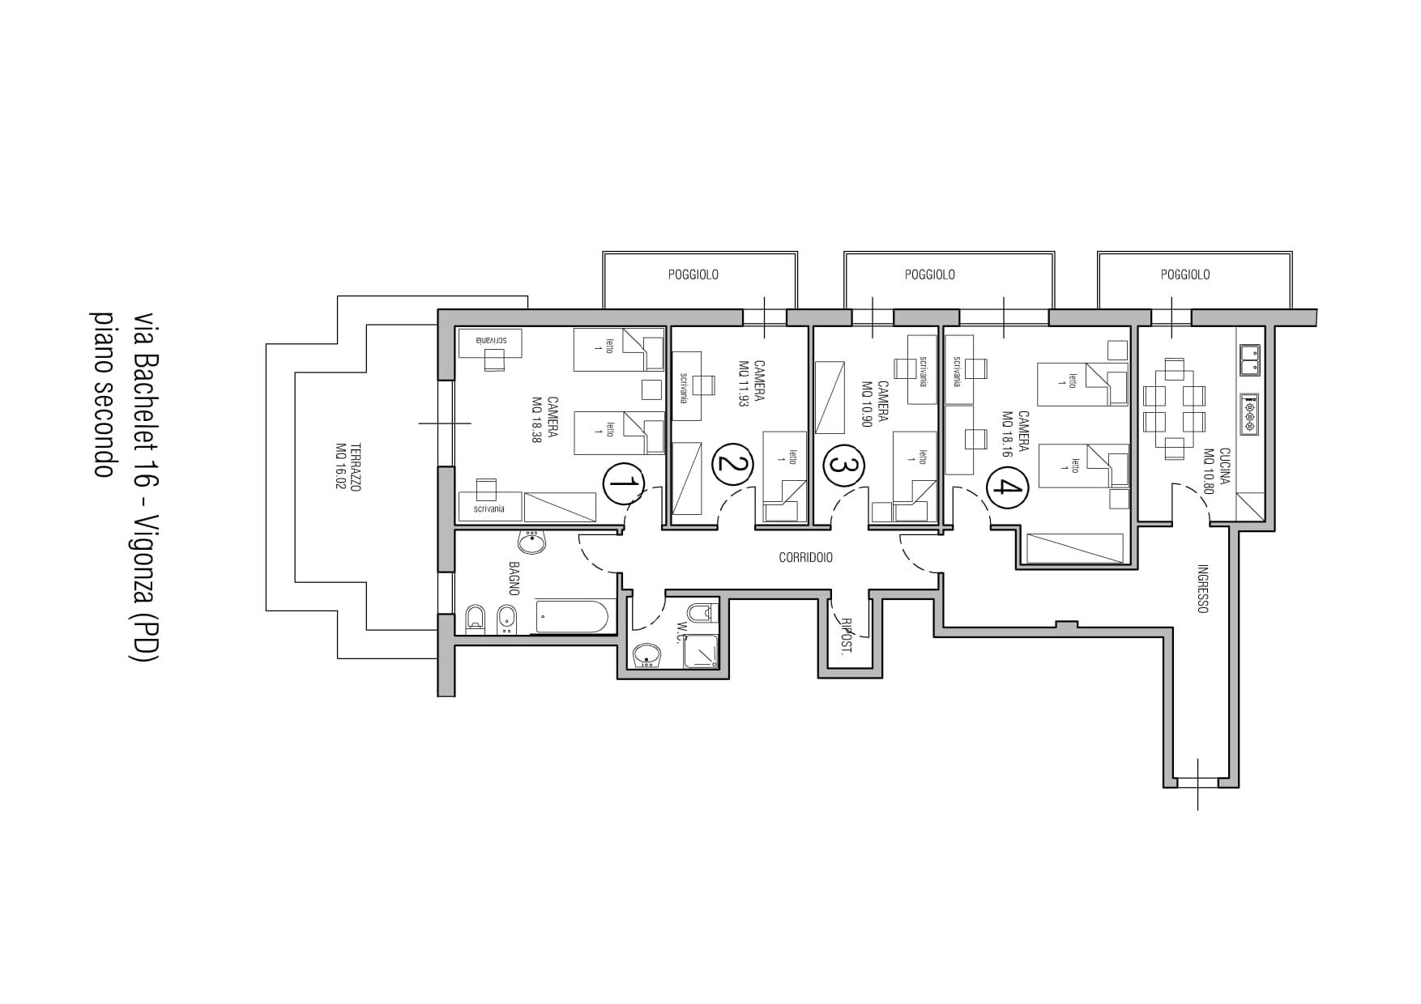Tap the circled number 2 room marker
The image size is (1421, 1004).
[732, 465]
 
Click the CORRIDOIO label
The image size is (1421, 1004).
[805, 558]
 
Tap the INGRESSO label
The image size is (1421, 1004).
[1202, 588]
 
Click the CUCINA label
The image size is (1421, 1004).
[1224, 466]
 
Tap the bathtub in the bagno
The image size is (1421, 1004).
[571, 617]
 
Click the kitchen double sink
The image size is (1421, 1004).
[1249, 359]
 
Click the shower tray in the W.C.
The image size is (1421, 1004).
[702, 650]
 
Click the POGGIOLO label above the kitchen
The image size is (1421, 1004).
[1184, 275]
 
